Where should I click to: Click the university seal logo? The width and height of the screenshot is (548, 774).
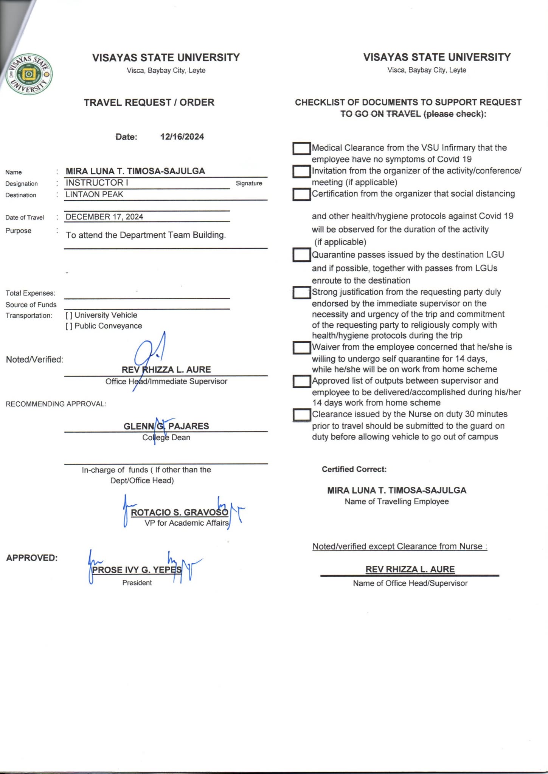[29, 74]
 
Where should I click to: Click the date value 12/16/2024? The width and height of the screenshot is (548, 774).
[182, 137]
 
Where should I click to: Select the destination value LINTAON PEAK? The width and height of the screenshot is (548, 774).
[94, 194]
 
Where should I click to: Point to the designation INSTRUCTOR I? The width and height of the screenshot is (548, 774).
[97, 183]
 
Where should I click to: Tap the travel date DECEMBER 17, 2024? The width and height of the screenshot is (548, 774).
[104, 217]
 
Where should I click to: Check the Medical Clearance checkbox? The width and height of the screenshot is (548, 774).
[301, 148]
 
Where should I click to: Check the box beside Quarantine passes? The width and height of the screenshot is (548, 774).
[301, 255]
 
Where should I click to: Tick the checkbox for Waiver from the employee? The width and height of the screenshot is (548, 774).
[301, 348]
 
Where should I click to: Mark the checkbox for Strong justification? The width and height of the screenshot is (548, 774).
[301, 293]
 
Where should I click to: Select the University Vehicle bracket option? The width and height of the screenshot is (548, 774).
[69, 315]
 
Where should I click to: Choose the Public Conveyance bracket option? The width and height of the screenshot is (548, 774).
[69, 326]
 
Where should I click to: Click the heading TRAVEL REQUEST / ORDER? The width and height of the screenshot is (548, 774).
[149, 102]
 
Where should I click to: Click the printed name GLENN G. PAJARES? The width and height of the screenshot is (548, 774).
[166, 426]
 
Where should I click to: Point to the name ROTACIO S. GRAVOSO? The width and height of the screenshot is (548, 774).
[179, 512]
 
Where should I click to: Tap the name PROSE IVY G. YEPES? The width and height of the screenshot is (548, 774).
[137, 570]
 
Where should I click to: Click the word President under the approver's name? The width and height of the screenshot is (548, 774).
[137, 583]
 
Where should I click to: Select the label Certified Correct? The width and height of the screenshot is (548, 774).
[354, 469]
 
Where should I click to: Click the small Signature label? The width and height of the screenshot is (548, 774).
[249, 183]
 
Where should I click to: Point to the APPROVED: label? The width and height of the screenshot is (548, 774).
[32, 558]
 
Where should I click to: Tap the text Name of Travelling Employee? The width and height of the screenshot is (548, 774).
[397, 502]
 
